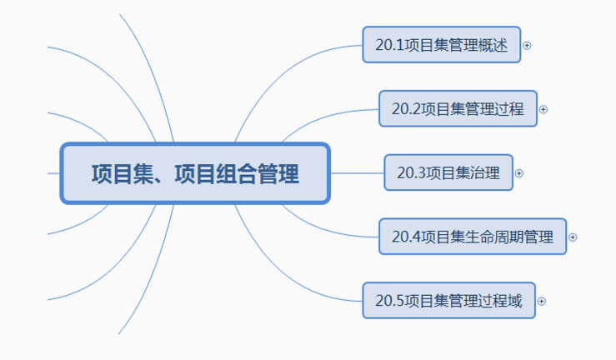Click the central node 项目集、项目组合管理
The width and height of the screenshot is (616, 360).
click(195, 173)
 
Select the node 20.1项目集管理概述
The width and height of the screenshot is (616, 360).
click(441, 45)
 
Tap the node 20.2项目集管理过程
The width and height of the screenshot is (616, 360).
click(458, 109)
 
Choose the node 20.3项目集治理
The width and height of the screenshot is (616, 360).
click(448, 173)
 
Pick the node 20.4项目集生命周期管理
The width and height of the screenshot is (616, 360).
click(472, 237)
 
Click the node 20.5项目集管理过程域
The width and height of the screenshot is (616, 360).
click(448, 301)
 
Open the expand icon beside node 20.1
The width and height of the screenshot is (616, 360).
click(527, 46)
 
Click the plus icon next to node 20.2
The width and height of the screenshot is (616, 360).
click(543, 109)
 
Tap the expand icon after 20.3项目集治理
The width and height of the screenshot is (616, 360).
click(519, 173)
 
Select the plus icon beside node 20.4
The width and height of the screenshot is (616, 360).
click(573, 237)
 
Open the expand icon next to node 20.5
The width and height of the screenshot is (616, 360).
click(542, 302)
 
